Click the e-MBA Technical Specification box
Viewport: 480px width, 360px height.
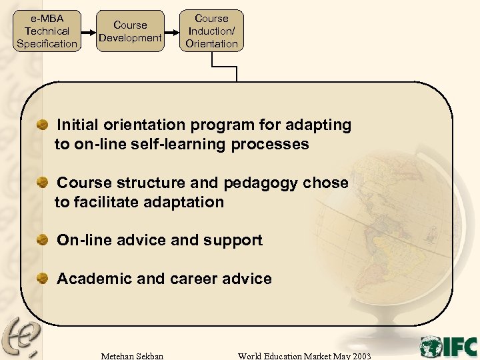[47, 31]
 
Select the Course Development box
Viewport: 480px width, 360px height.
[130, 31]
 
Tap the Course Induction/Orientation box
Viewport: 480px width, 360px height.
[211, 31]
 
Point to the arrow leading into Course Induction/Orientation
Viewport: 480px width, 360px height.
[171, 31]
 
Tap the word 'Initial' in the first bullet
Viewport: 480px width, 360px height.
[79, 125]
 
